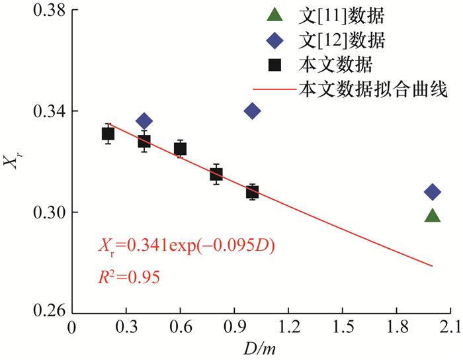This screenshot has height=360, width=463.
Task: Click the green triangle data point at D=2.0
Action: pyautogui.click(x=433, y=216)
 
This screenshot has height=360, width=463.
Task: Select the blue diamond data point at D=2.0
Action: pyautogui.click(x=433, y=192)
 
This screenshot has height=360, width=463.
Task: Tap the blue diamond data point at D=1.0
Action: pyautogui.click(x=252, y=111)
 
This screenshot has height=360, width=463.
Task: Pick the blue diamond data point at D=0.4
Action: pyautogui.click(x=144, y=120)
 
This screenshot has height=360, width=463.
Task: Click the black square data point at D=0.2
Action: pyautogui.click(x=108, y=134)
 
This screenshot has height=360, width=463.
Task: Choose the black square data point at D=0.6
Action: pyautogui.click(x=180, y=149)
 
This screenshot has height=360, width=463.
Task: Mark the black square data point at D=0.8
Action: pyautogui.click(x=216, y=174)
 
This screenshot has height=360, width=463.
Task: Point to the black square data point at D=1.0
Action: pyautogui.click(x=252, y=192)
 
